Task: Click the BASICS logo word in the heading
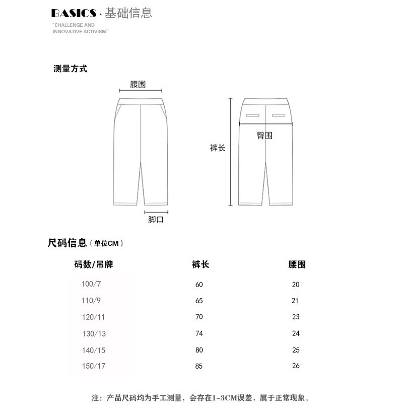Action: [74, 13]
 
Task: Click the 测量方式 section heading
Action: [71, 69]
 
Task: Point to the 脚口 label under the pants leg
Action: [156, 220]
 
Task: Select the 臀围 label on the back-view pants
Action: [264, 135]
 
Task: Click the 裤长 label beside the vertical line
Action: [218, 148]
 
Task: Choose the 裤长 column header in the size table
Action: [200, 264]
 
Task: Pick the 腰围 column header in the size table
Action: [297, 264]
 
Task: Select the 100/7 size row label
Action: [91, 284]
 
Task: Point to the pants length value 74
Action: [199, 333]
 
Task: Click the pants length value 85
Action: [199, 366]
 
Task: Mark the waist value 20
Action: [296, 285]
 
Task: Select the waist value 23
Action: [296, 317]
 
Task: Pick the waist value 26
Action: [296, 366]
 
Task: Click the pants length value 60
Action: [199, 285]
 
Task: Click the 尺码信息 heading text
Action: [68, 243]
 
